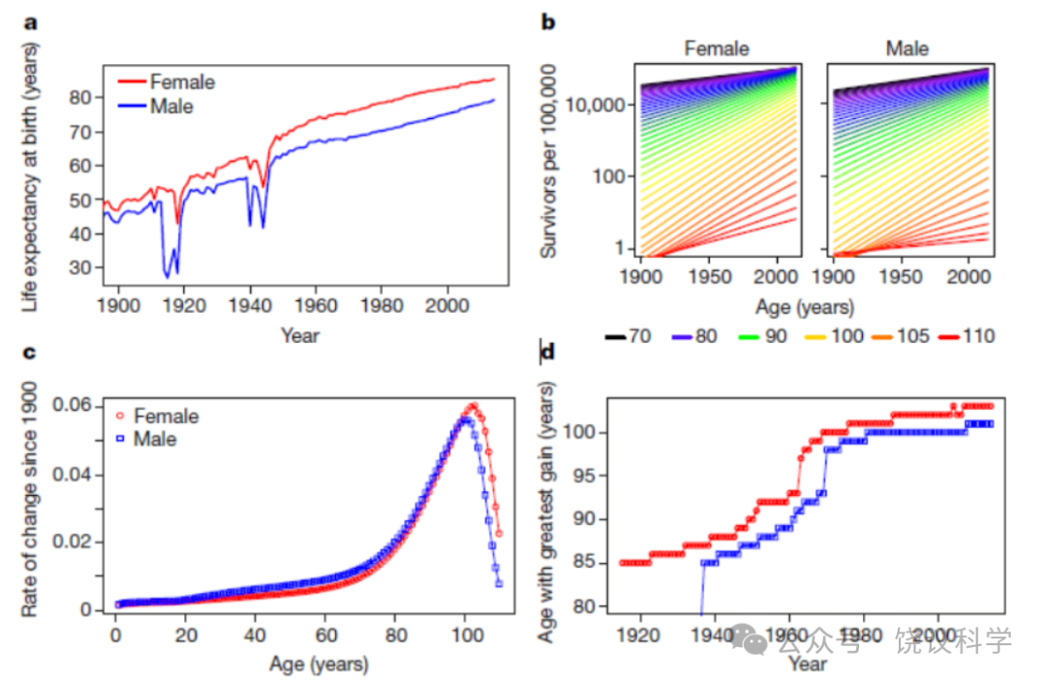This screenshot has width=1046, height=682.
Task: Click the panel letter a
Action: [31, 23]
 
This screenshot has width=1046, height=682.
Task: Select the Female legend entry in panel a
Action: [167, 82]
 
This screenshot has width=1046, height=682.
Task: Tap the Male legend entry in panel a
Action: [156, 107]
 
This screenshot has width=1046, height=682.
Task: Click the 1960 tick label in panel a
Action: [316, 305]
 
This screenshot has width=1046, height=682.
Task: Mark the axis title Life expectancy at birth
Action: [29, 177]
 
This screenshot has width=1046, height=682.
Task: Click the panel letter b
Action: [547, 22]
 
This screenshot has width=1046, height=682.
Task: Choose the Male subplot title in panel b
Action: [908, 48]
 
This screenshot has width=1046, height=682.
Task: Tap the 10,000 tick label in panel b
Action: [595, 105]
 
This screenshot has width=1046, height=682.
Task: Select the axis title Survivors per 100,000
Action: [548, 161]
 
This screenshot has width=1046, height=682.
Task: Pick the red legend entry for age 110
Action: [967, 336]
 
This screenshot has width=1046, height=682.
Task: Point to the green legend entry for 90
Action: [762, 336]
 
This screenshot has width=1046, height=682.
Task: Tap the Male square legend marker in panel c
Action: [120, 439]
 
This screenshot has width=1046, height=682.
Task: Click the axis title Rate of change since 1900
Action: [29, 500]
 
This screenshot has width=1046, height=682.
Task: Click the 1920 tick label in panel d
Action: [639, 635]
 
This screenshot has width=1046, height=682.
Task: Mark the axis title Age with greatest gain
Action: [547, 512]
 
